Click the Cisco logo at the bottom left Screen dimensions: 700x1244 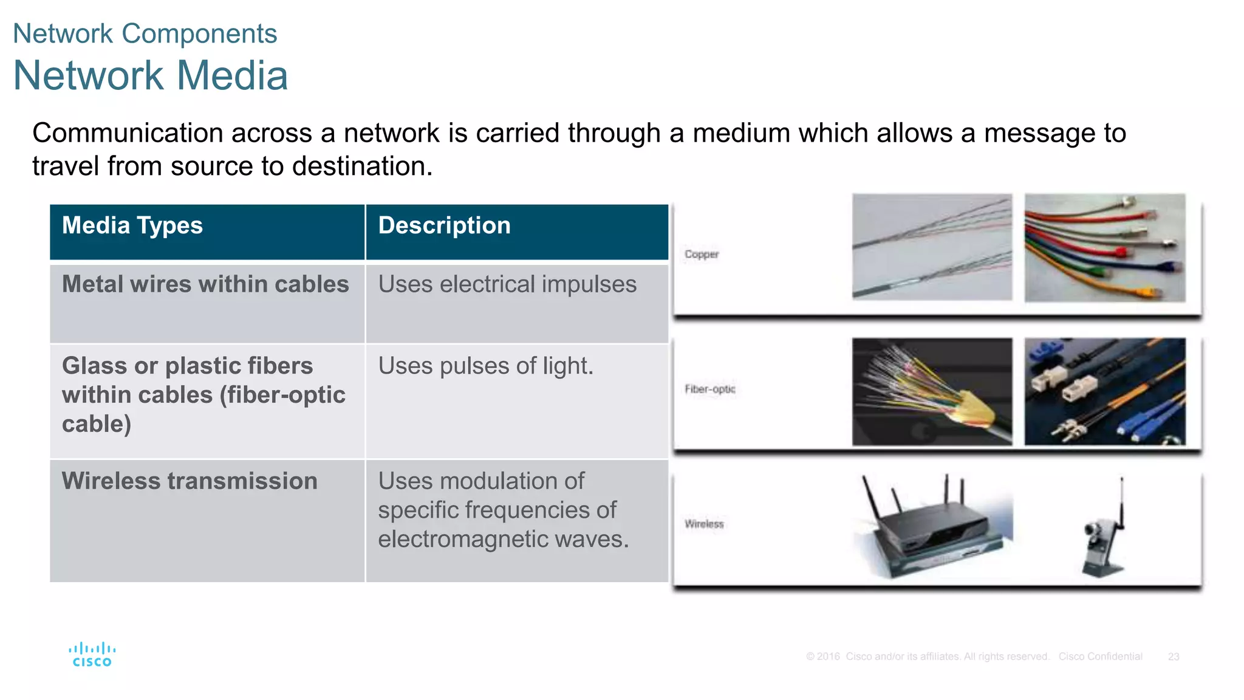92,654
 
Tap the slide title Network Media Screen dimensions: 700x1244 150,76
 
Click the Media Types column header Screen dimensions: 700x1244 132,225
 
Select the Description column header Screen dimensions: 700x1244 444,225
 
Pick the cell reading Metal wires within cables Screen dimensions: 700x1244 205,284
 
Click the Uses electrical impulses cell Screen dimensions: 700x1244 507,284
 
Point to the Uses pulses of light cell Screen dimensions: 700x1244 485,366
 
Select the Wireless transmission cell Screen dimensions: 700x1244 190,481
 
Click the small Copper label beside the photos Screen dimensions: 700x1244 702,254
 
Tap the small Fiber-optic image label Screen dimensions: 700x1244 709,389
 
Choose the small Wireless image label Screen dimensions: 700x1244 704,524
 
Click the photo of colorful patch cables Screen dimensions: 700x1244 1104,247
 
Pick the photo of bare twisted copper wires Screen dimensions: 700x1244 932,247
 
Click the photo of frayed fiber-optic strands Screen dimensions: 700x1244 932,392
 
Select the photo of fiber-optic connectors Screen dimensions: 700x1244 1104,392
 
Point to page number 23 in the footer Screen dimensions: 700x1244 1174,657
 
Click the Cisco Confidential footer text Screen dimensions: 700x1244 1100,657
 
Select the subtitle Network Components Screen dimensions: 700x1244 145,33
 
